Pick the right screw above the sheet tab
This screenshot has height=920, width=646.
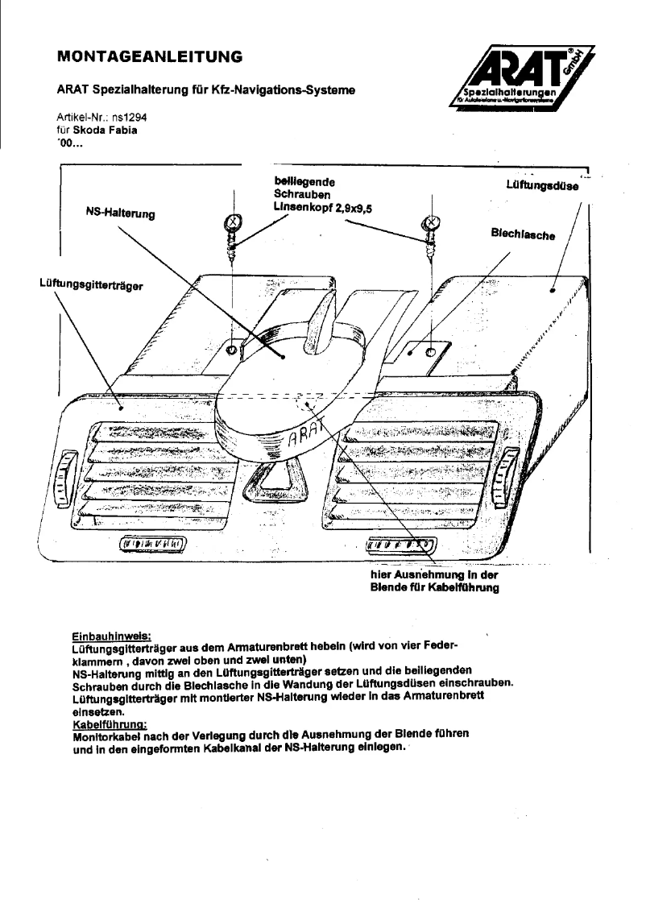click(431, 228)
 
